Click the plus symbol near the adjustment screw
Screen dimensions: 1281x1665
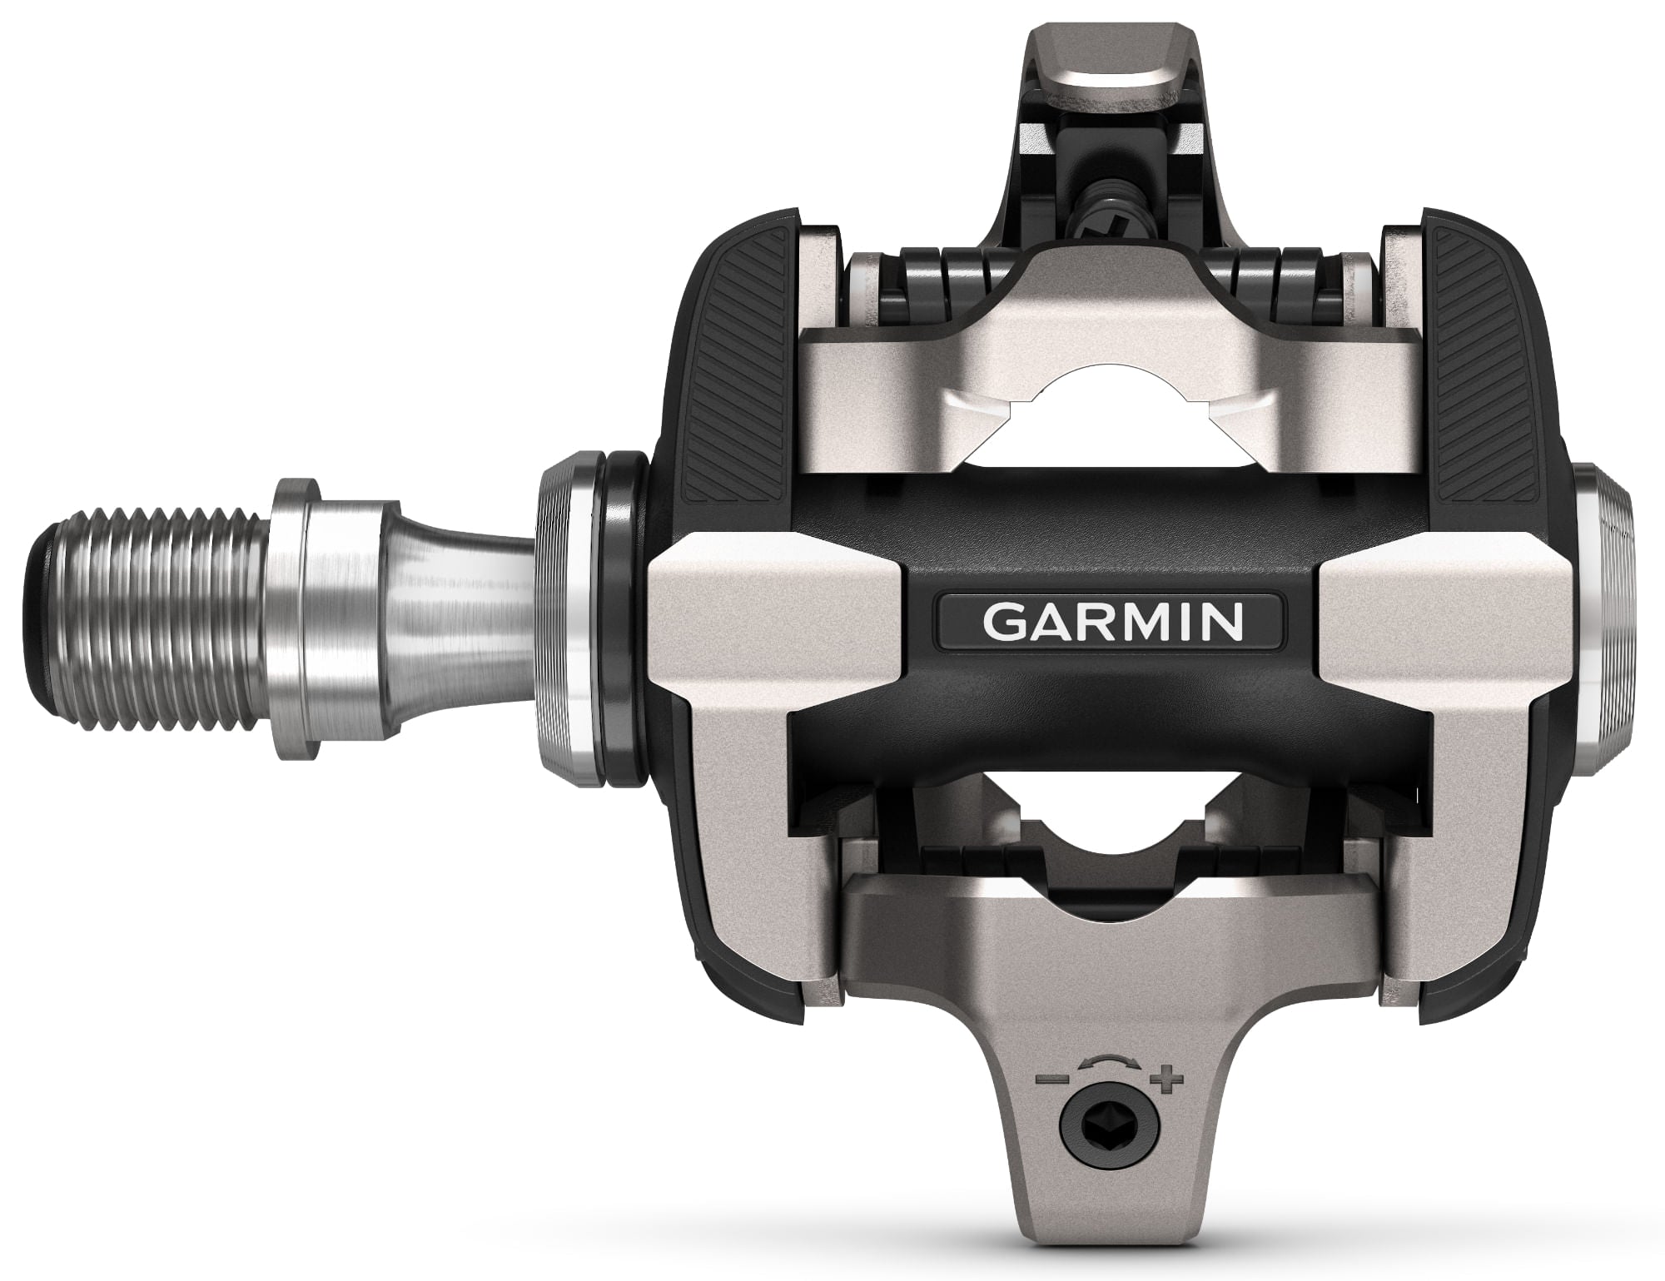click(1168, 1081)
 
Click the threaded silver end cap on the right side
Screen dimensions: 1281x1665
click(1607, 620)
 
